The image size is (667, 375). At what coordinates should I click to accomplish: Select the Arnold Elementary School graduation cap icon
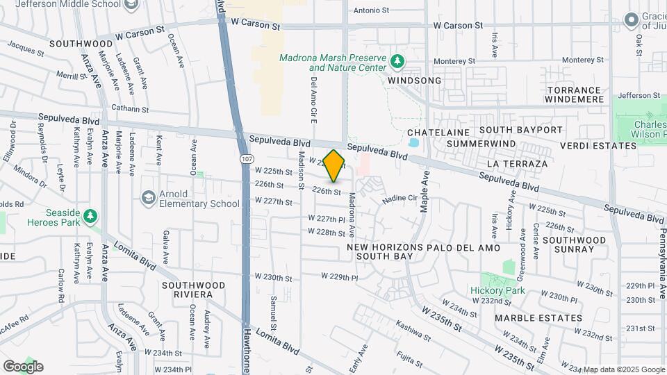point(149,198)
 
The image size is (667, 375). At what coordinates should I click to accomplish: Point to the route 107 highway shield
point(247,159)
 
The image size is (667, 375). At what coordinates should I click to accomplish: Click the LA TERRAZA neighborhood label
point(518,164)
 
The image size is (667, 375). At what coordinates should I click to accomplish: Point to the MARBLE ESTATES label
point(538,318)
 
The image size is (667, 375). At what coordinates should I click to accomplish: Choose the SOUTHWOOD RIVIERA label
point(193,290)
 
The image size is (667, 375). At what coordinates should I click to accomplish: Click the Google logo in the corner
point(23,366)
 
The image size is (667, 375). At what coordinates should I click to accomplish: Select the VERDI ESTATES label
point(602,147)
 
